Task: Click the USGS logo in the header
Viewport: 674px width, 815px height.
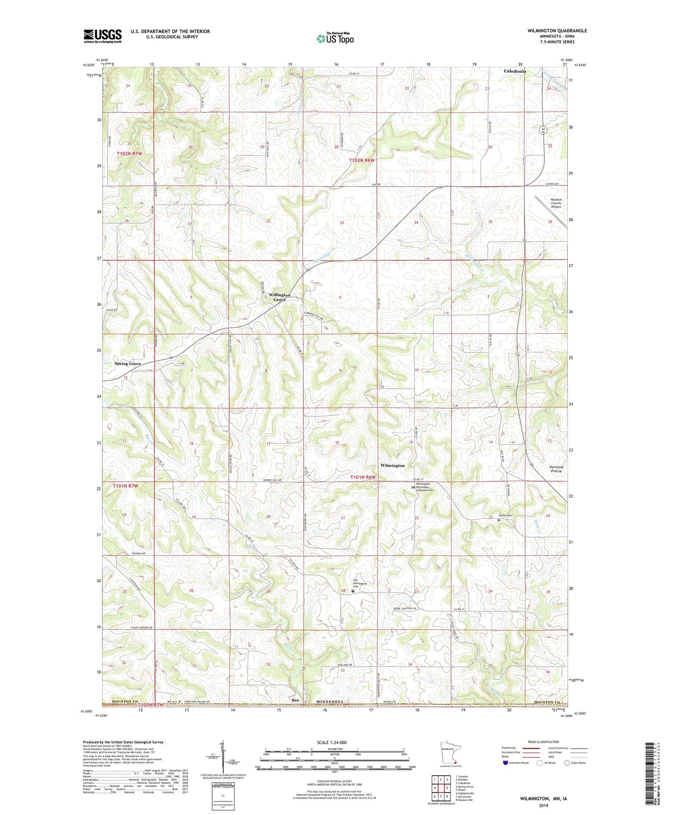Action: point(103,36)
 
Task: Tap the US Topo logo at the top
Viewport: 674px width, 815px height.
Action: point(334,38)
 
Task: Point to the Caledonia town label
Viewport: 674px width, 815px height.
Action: point(514,71)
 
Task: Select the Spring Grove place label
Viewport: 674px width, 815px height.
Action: point(128,364)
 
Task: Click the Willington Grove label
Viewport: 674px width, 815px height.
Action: point(279,297)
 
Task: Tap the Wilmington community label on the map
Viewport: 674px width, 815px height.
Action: point(392,465)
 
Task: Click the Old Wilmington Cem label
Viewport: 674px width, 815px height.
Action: point(359,583)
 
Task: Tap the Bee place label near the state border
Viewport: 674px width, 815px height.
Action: point(295,701)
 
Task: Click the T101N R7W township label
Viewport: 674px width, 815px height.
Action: point(126,486)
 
